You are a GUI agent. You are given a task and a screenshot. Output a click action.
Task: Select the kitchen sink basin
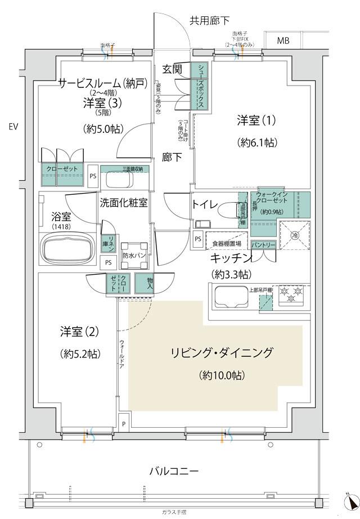pyautogui.click(x=226, y=297)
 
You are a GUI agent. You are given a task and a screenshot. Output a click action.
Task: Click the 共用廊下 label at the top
pyautogui.click(x=209, y=21)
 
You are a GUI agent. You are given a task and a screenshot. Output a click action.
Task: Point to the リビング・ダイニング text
pyautogui.click(x=221, y=354)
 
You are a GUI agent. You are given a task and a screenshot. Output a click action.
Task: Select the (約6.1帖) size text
pyautogui.click(x=257, y=143)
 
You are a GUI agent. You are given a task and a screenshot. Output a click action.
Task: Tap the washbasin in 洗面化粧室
pyautogui.click(x=118, y=181)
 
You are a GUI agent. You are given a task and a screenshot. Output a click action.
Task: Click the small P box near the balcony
pyautogui.click(x=123, y=424)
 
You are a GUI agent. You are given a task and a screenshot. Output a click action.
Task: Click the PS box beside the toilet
pyautogui.click(x=198, y=239)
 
